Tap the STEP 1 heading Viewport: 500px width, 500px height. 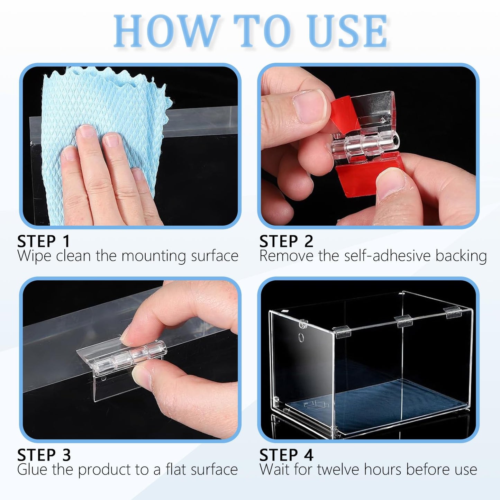44,241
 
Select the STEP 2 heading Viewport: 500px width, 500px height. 286,241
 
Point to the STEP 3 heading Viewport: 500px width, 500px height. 44,455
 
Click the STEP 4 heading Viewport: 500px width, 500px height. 286,455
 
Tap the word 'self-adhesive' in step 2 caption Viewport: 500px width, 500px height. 388,256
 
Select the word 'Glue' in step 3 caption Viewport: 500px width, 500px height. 33,470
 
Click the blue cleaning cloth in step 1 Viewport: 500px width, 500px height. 104,104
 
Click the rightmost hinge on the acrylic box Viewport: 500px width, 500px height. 454,312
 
